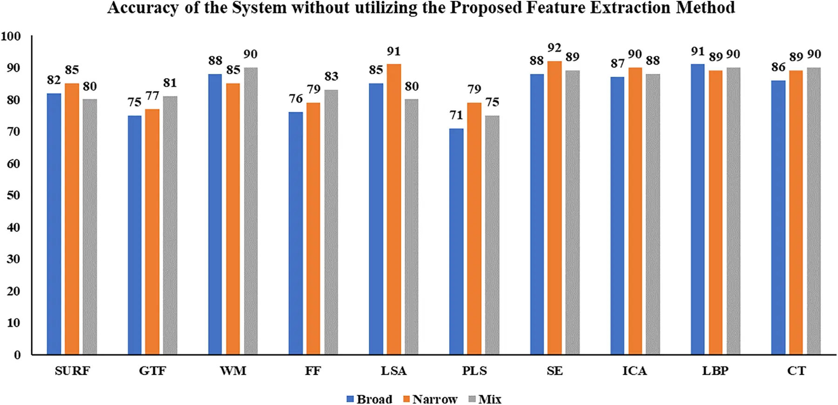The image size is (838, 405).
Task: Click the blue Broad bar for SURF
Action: [54, 224]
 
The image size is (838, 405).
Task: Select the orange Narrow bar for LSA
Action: [394, 209]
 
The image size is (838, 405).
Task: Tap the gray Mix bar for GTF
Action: [170, 225]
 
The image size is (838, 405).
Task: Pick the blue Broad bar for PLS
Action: [456, 241]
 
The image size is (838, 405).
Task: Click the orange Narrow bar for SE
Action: [554, 208]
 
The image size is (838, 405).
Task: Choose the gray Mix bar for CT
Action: [814, 211]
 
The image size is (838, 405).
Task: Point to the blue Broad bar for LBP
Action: [697, 209]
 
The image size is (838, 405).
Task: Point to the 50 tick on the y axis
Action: [14, 195]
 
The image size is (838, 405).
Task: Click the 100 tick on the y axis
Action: [11, 36]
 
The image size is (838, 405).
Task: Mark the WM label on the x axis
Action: [233, 371]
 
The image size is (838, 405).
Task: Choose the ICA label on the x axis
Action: [635, 371]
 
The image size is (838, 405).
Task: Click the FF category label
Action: [313, 371]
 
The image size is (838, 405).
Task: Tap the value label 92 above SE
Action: [554, 48]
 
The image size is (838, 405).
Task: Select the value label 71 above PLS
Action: [456, 115]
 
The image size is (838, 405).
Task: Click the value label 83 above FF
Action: [331, 76]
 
